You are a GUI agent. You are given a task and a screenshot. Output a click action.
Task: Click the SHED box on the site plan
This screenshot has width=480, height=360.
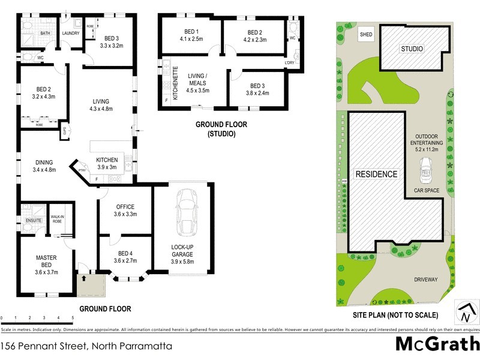pyautogui.click(x=365, y=35)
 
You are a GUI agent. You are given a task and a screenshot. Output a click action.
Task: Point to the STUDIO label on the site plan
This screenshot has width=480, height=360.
pyautogui.click(x=412, y=49)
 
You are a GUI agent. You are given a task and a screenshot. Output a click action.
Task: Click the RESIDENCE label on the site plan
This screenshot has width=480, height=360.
pyautogui.click(x=377, y=175)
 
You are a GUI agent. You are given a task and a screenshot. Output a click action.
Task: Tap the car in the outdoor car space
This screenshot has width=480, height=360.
pyautogui.click(x=427, y=172)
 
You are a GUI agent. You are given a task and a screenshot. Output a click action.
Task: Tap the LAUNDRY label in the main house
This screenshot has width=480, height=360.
pyautogui.click(x=71, y=34)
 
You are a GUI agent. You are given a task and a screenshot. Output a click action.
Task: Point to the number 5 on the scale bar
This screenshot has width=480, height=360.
pyautogui.click(x=73, y=317)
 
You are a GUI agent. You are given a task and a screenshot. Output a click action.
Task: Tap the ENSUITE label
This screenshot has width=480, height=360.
pyautogui.click(x=33, y=221)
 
